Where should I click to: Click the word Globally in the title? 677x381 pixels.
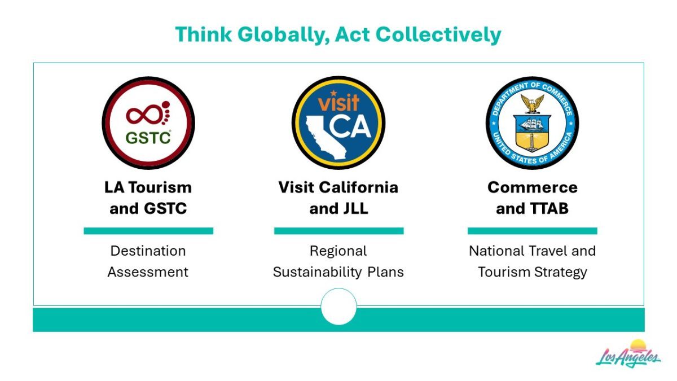(283, 35)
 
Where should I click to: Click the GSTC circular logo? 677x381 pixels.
(148, 123)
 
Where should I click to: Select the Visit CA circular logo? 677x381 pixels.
(338, 123)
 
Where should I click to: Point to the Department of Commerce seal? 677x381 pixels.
(532, 123)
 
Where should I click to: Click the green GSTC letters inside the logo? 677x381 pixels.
(148, 138)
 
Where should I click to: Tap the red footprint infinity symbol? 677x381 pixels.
(148, 113)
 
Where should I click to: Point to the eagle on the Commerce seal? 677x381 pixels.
(532, 103)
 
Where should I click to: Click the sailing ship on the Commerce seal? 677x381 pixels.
(532, 124)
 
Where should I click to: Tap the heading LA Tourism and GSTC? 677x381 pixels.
(148, 198)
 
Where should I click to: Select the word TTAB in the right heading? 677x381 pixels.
(547, 208)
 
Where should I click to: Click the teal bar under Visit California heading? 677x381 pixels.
(339, 231)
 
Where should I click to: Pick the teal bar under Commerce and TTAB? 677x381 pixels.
(532, 231)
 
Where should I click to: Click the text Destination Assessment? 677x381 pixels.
(148, 261)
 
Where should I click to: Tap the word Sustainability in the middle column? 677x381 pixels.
(317, 272)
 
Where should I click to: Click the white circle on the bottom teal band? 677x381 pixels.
(338, 306)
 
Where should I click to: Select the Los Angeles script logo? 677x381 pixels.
(628, 354)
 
